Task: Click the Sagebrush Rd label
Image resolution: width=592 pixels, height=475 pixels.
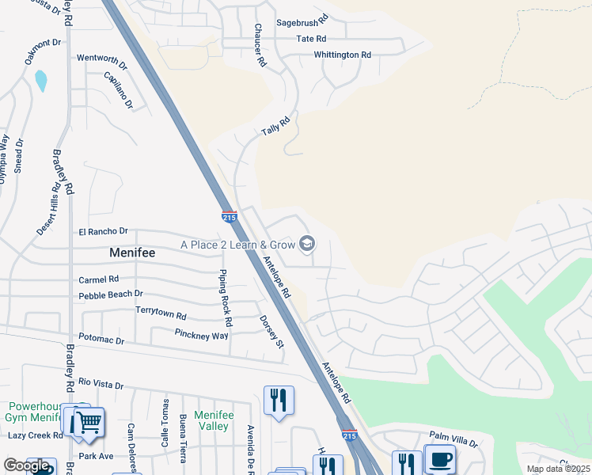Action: (302, 23)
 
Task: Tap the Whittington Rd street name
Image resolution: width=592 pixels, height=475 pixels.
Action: (342, 55)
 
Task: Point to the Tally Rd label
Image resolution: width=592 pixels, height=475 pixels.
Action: (275, 127)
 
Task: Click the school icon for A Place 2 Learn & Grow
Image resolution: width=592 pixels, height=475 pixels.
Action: (307, 244)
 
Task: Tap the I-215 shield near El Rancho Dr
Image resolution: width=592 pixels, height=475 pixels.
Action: (230, 216)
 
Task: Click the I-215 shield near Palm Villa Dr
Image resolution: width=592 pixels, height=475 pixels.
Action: (349, 435)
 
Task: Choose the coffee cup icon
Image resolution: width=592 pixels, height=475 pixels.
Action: (440, 460)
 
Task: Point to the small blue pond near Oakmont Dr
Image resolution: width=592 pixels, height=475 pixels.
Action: (40, 80)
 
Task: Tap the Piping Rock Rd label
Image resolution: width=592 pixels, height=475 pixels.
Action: (226, 298)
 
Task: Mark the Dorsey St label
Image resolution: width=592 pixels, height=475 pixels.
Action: (271, 332)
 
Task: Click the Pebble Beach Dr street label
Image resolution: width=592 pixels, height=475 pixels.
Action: (110, 294)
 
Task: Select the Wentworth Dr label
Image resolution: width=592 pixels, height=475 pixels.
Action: (101, 59)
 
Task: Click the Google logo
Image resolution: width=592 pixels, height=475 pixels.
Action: (25, 465)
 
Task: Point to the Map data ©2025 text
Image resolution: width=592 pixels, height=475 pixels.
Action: (557, 469)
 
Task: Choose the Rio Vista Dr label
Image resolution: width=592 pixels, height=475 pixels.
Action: (97, 386)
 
